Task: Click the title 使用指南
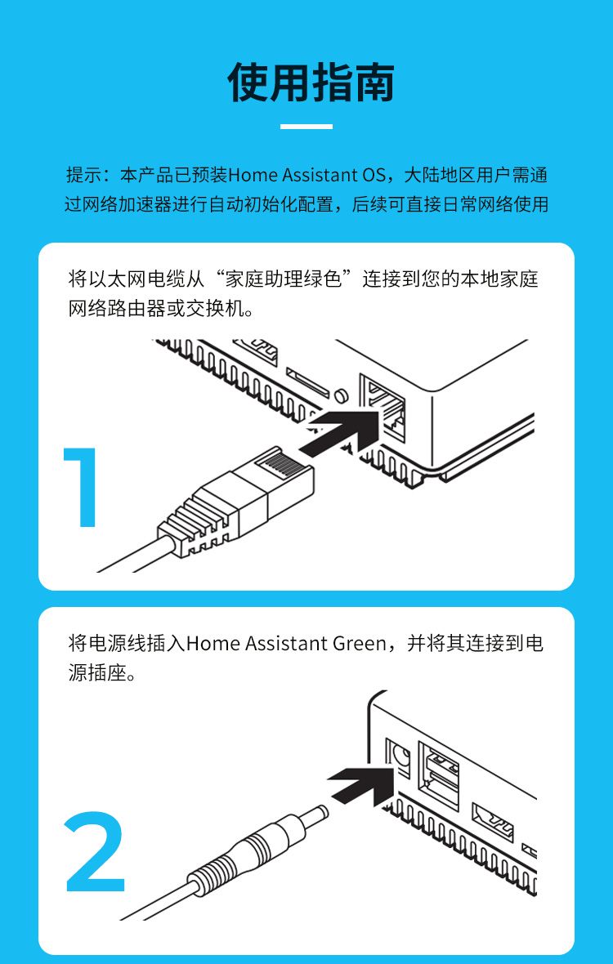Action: (311, 82)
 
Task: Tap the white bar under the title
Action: (306, 127)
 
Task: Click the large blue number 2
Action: (96, 851)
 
